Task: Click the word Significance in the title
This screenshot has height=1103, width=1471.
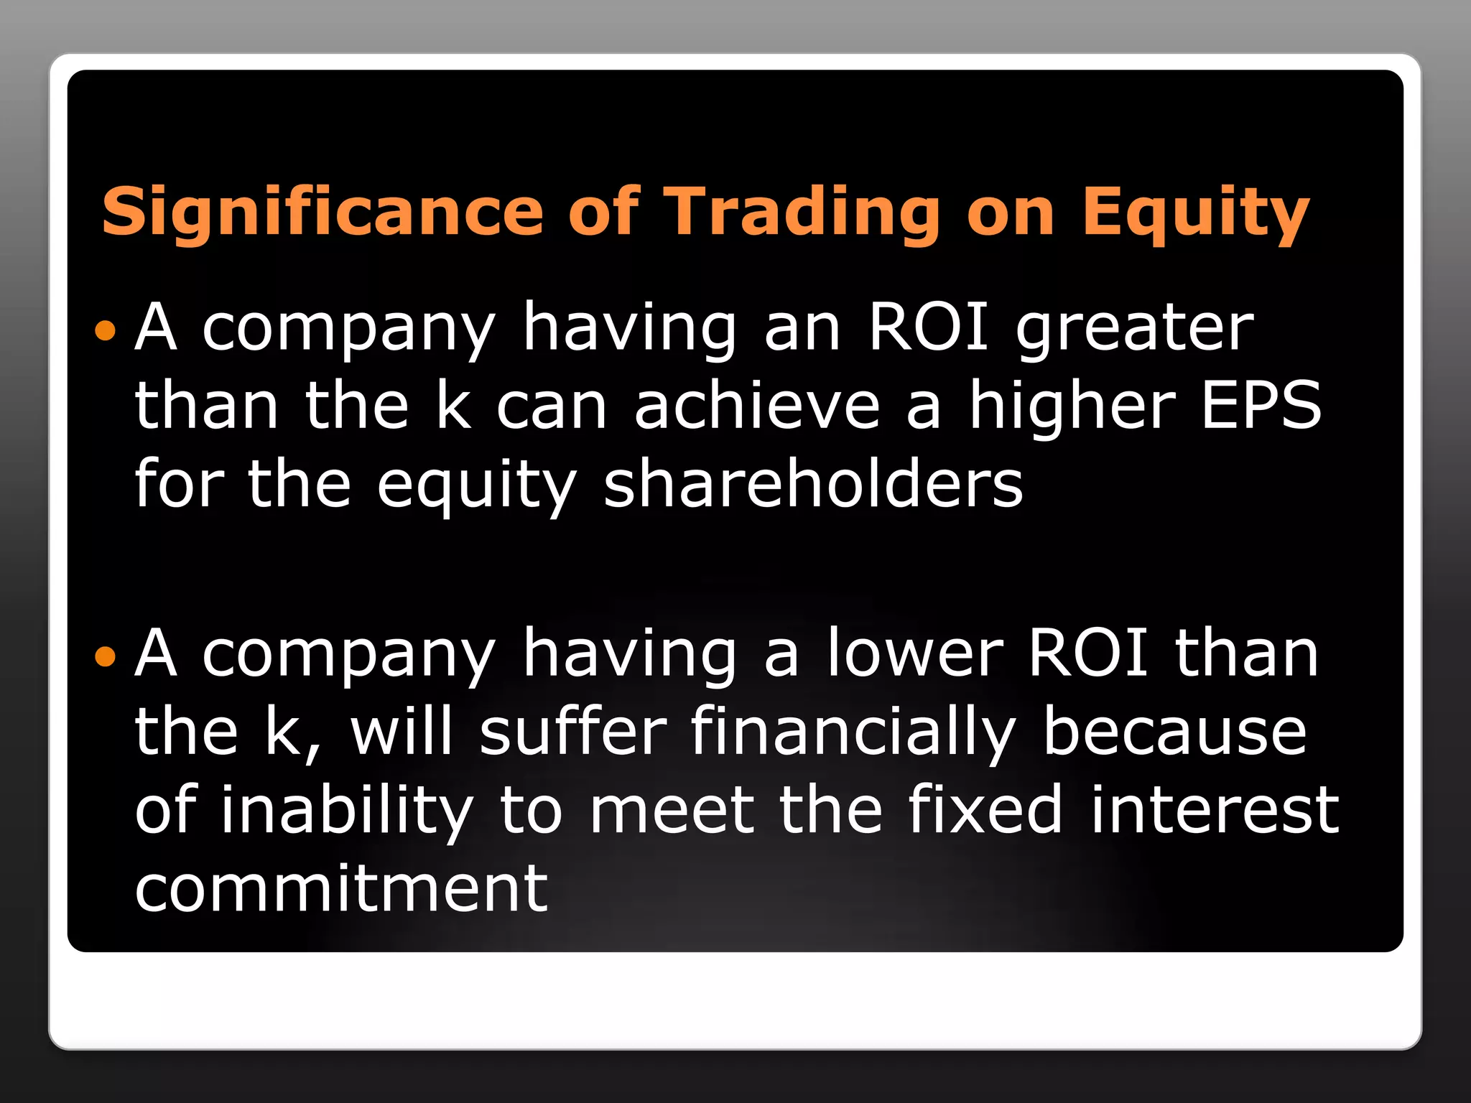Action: (x=322, y=211)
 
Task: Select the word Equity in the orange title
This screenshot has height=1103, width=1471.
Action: (x=1196, y=213)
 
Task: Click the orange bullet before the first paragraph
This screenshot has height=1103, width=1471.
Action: (x=105, y=330)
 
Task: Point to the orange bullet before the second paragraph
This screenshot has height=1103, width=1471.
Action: (x=105, y=656)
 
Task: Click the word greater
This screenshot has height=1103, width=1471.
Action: (x=1135, y=328)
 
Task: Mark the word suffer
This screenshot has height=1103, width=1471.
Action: (x=573, y=732)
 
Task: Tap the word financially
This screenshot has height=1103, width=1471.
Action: (x=853, y=733)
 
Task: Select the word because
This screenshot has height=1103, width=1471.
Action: (x=1174, y=732)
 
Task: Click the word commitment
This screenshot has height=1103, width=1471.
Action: (x=342, y=888)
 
